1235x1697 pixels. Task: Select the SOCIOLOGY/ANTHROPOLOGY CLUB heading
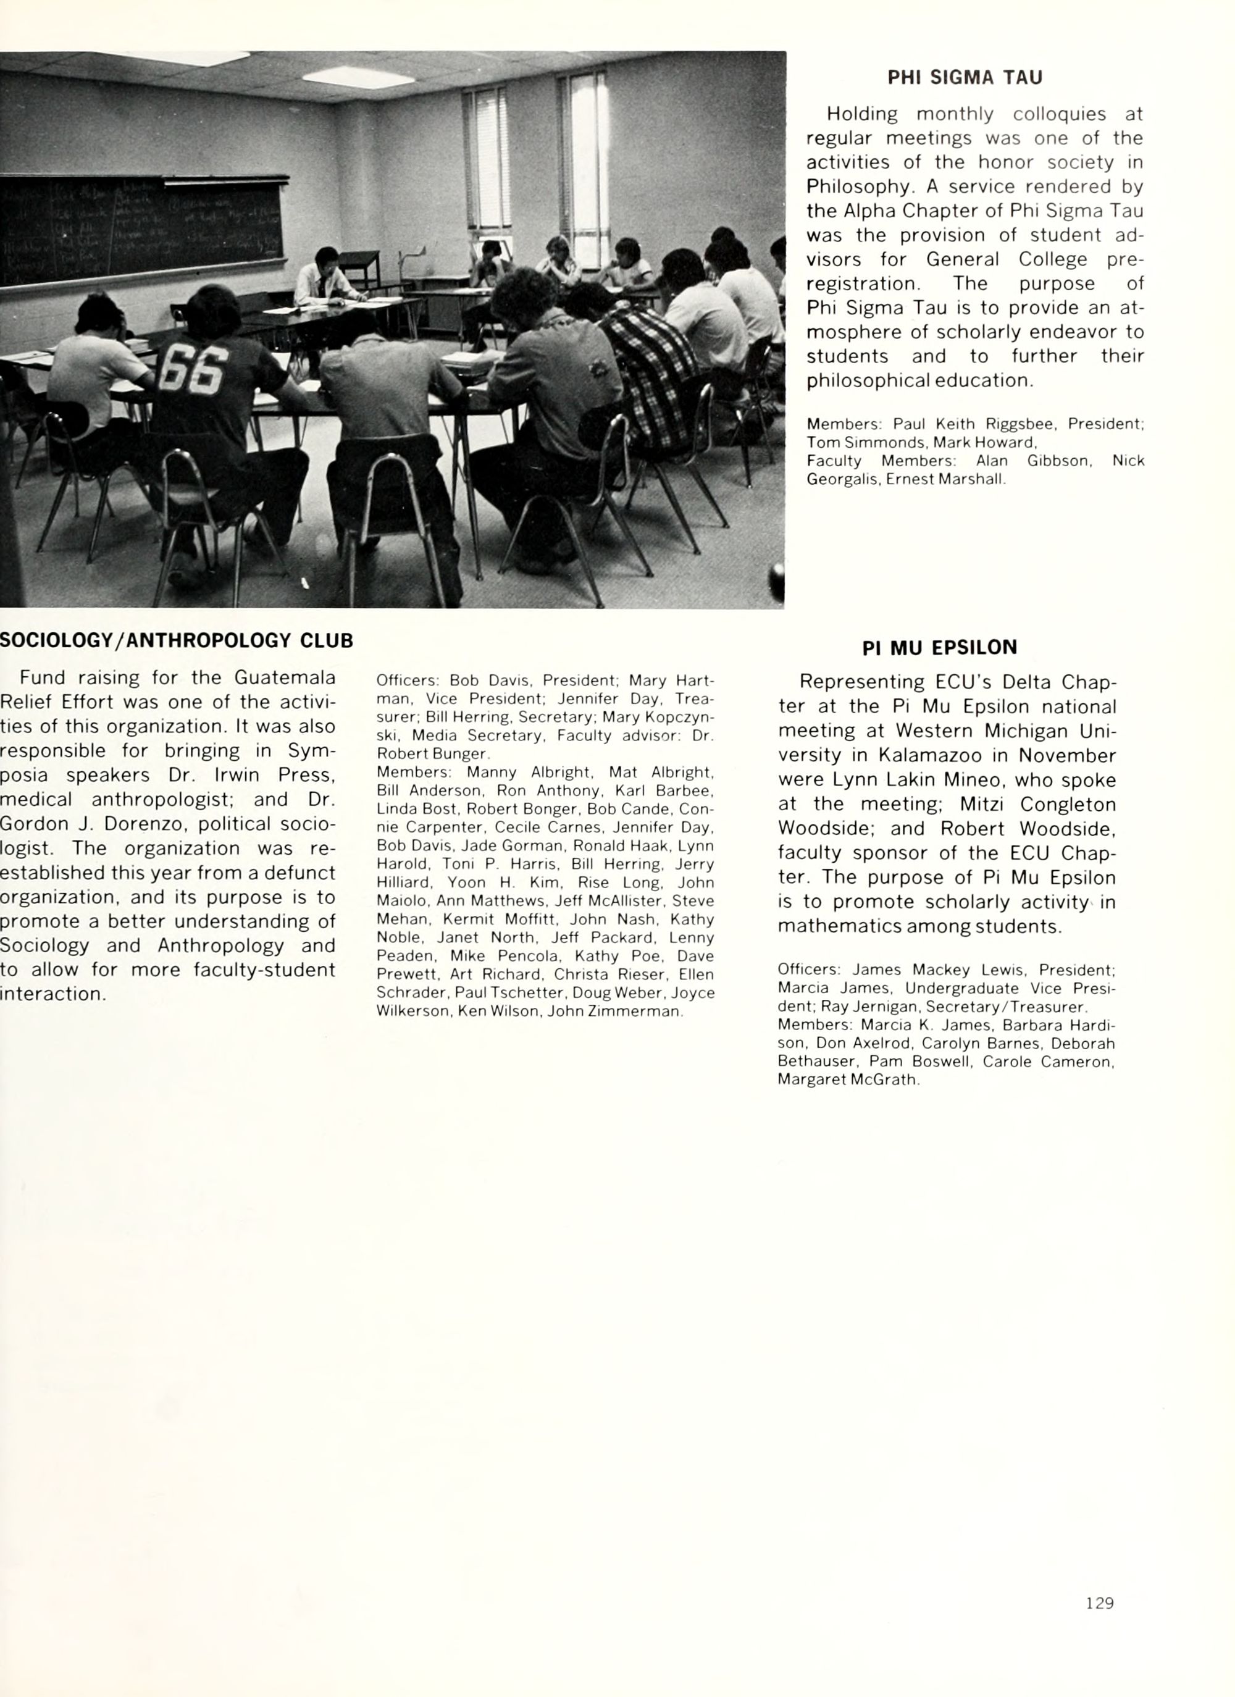click(x=177, y=641)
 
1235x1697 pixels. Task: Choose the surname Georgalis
click(x=843, y=480)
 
